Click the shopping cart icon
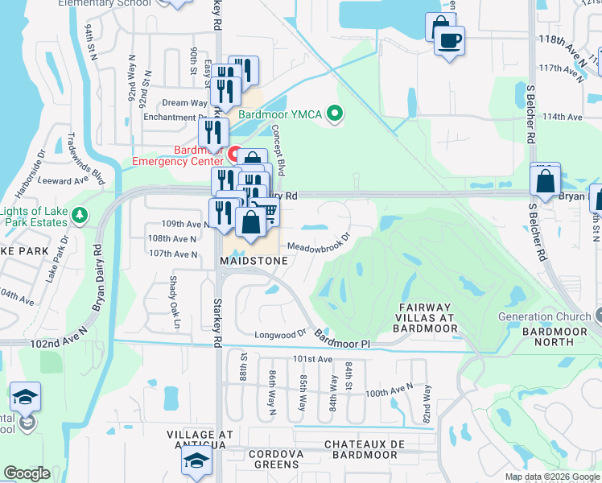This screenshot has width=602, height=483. (x=269, y=211)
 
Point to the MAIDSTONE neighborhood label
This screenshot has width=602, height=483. (x=251, y=261)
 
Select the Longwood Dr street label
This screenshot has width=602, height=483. (x=281, y=332)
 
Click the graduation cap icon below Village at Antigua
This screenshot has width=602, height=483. (x=195, y=461)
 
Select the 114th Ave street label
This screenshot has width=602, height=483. (x=562, y=117)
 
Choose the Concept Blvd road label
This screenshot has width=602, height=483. (x=279, y=151)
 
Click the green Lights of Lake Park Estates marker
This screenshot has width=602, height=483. (x=79, y=216)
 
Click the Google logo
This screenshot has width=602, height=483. (x=27, y=473)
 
